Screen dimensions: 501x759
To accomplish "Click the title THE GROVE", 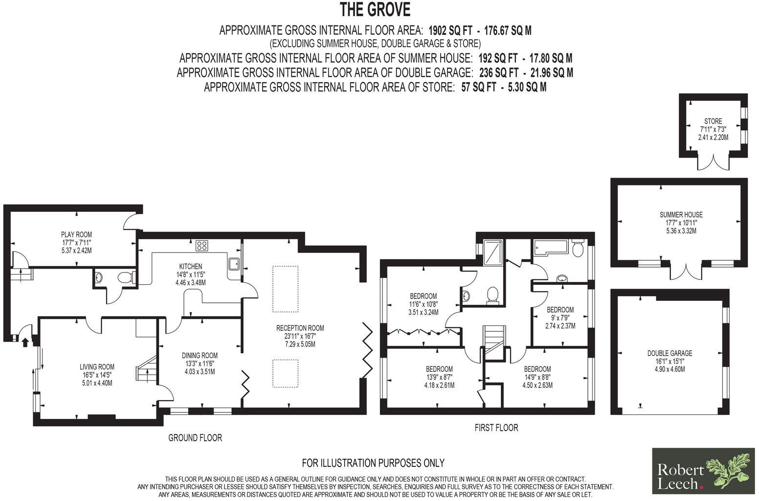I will click(375, 9).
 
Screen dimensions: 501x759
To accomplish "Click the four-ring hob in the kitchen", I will click(201, 245).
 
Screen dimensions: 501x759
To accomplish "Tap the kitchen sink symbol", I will click(234, 264).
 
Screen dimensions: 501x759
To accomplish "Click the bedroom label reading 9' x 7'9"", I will click(560, 318).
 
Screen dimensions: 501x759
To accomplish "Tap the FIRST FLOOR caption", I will click(496, 428).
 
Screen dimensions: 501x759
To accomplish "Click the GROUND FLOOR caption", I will click(195, 437).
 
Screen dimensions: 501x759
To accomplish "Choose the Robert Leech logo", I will click(702, 471).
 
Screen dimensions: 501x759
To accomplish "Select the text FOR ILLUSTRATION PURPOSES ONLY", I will click(373, 462).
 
